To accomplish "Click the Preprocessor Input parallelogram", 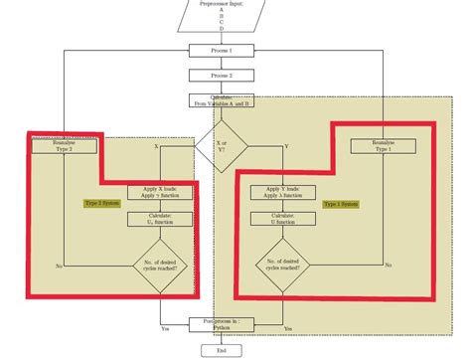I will (221, 16).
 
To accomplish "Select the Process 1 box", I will (221, 50).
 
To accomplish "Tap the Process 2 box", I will (221, 75).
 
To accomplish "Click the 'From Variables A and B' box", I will (221, 100).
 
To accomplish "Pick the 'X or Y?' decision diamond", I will (221, 145).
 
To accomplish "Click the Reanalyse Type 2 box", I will (64, 146).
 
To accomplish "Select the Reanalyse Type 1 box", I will (384, 146).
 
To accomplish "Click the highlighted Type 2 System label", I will (101, 203).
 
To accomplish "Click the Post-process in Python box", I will (221, 324).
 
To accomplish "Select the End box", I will (221, 350).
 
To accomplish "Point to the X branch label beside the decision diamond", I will (156, 146).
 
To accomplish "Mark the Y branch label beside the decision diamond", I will (286, 146).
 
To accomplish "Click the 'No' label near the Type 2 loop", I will (59, 266).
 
